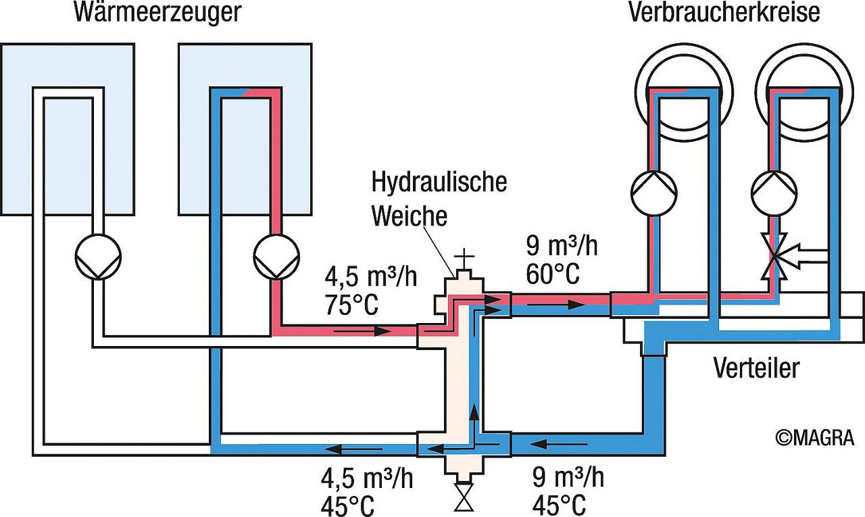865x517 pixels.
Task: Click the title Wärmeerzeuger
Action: pos(157,13)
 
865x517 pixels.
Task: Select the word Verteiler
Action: pos(756,368)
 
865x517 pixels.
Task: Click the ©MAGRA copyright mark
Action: pos(815,438)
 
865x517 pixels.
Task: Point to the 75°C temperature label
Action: pos(352,305)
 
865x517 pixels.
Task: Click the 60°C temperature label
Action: pos(553,274)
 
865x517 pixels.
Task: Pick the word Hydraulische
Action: pos(439,183)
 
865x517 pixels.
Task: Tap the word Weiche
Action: pos(410,216)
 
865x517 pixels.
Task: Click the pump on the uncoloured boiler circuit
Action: pos(98,257)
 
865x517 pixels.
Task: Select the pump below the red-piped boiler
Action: pos(276,257)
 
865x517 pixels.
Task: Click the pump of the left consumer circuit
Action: pos(654,193)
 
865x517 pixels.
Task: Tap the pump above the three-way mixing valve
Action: pos(774,193)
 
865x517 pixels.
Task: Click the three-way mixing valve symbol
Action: pos(776,255)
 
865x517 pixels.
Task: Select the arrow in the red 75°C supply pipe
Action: pos(363,331)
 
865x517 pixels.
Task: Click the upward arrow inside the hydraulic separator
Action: pos(474,424)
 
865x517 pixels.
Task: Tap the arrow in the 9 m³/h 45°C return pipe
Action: pos(558,444)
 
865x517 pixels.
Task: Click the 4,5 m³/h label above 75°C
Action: pos(371,277)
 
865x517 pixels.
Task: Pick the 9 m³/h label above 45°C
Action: pos(568,477)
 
